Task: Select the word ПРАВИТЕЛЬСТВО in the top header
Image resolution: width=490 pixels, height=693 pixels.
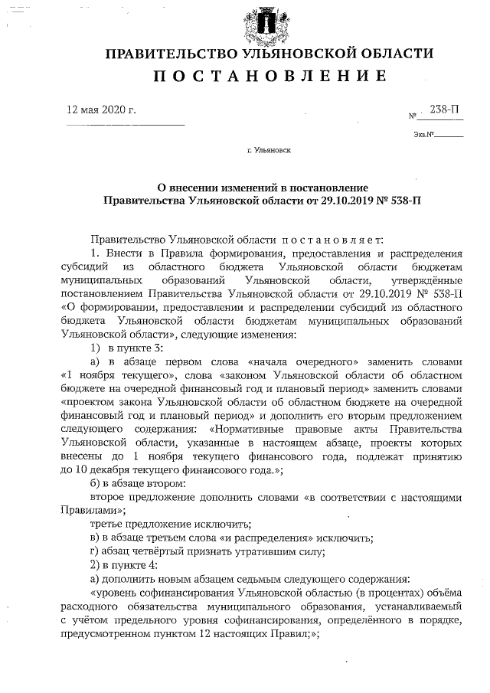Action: pos(170,54)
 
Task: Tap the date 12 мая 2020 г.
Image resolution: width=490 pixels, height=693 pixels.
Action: pos(102,110)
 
